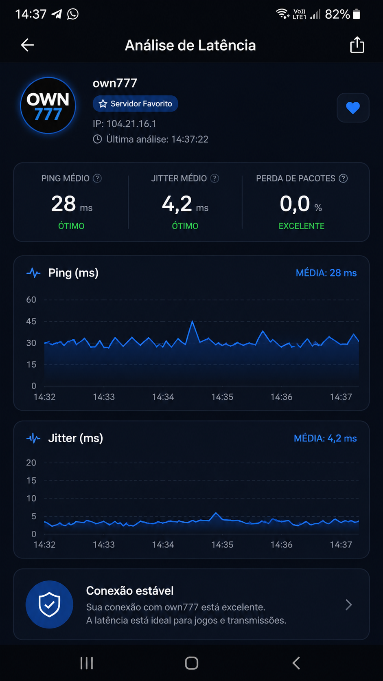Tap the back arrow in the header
coord(27,45)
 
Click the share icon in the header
coord(357,45)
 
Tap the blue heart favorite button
coord(353,108)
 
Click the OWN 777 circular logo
coord(48,105)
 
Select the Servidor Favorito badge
coord(136,104)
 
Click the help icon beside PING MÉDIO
coord(97,178)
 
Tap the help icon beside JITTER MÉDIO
coord(215,178)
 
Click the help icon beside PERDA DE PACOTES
coord(343,178)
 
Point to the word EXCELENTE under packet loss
coord(302,226)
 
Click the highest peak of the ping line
coord(192,321)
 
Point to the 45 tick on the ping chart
coord(31,321)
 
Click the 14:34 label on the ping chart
coord(163,397)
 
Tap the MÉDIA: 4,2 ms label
coord(325,438)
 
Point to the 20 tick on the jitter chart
coord(31,463)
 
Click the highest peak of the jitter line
coord(216,513)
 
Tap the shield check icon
coord(49,604)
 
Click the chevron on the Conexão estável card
coord(349,605)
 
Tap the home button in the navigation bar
coord(192,663)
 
